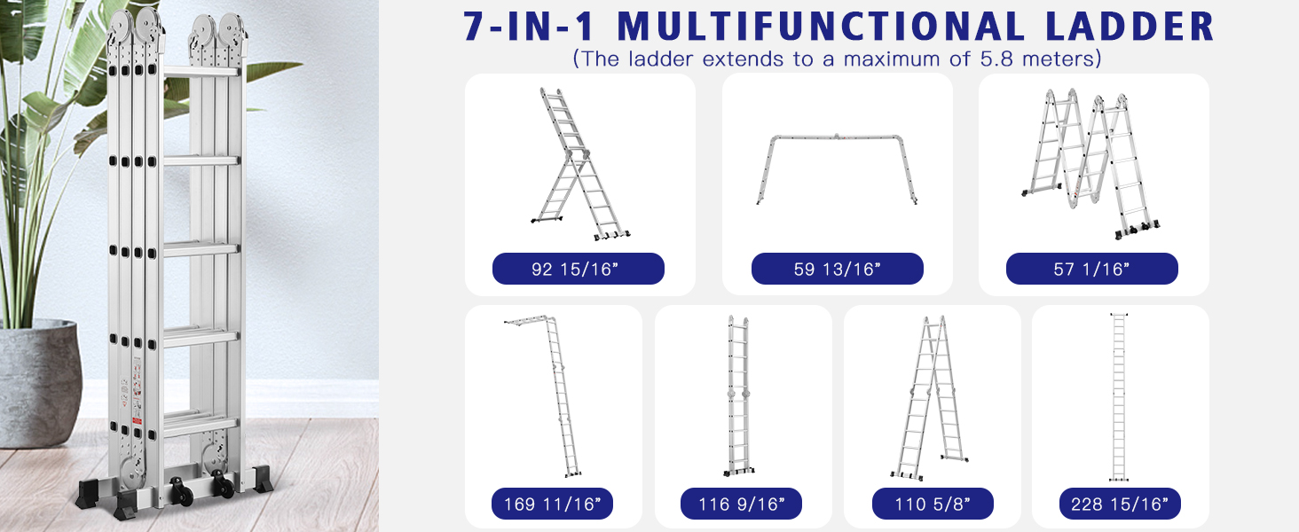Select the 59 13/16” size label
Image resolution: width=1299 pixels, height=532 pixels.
click(x=837, y=269)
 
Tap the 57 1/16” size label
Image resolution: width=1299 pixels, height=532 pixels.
click(x=1092, y=269)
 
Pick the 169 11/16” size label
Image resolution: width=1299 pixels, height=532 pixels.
click(x=552, y=504)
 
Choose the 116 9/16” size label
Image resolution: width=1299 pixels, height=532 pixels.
click(x=741, y=504)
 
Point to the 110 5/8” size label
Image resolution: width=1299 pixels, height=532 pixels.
click(x=933, y=504)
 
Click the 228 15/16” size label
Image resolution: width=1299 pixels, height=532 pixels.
click(x=1120, y=504)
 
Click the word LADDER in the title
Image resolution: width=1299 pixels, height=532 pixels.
click(x=1130, y=26)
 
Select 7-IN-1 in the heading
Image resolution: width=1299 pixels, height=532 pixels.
click(x=529, y=26)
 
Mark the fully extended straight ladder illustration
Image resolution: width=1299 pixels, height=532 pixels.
click(x=1119, y=397)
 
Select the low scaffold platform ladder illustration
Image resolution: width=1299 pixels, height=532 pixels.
click(x=837, y=169)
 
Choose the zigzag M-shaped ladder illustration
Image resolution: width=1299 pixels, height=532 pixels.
click(x=1090, y=164)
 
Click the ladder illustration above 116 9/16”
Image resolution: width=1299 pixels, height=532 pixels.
click(x=738, y=395)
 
